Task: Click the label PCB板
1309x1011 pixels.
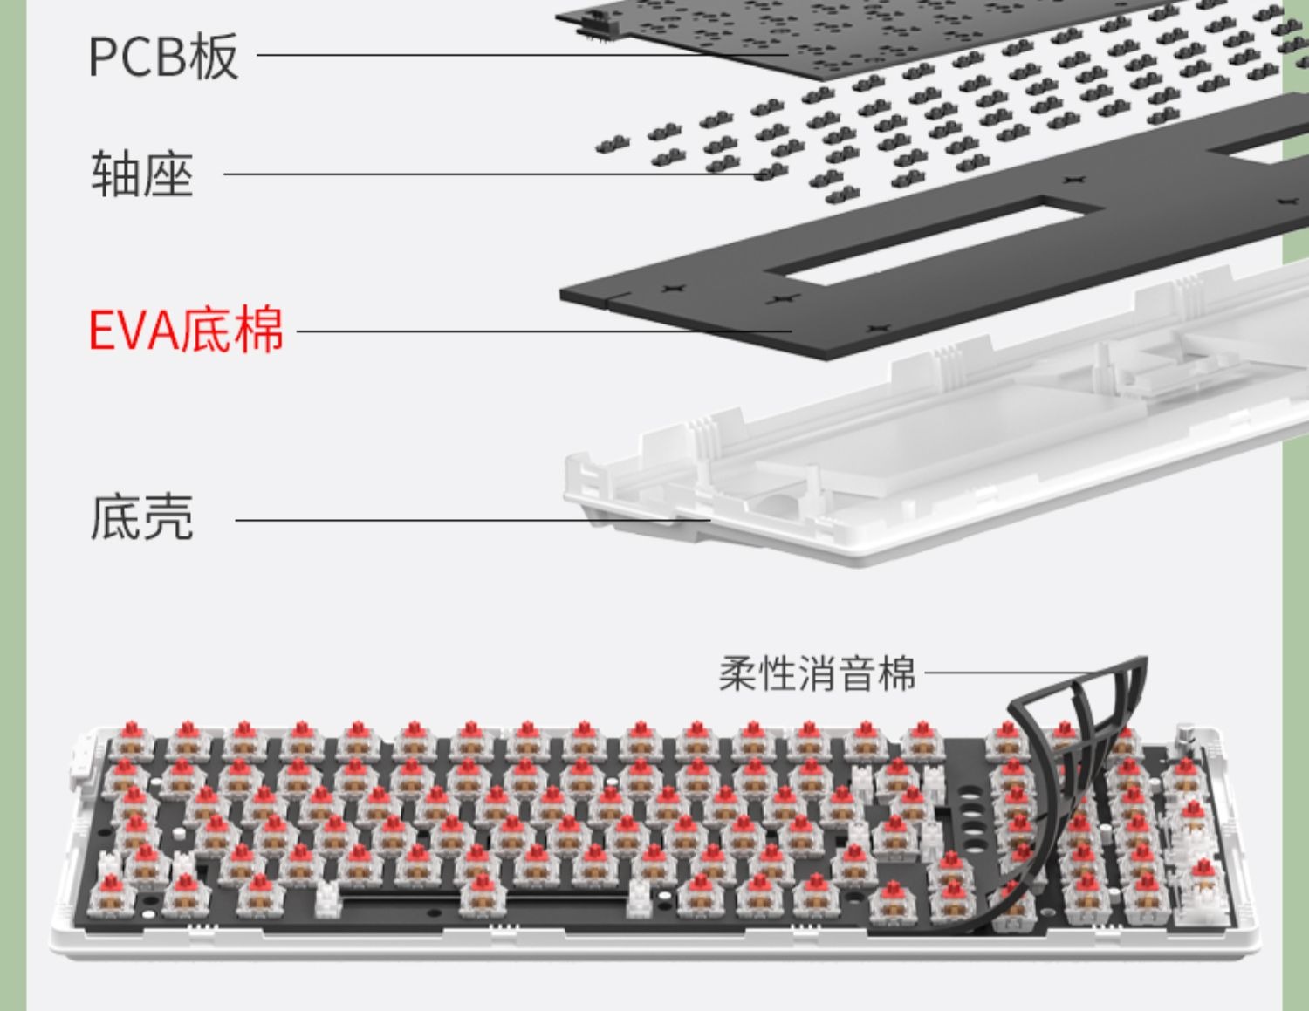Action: [163, 56]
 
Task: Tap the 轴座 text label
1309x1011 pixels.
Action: [142, 174]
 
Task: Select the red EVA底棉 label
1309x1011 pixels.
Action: [186, 330]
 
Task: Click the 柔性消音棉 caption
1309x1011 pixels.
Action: [817, 673]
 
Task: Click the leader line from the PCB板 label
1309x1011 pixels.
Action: [524, 56]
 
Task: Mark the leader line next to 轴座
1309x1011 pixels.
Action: [489, 174]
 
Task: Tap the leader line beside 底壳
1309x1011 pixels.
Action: [471, 521]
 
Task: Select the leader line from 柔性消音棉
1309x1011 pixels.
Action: [1004, 673]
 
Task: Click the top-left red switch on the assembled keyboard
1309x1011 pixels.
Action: [131, 740]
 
